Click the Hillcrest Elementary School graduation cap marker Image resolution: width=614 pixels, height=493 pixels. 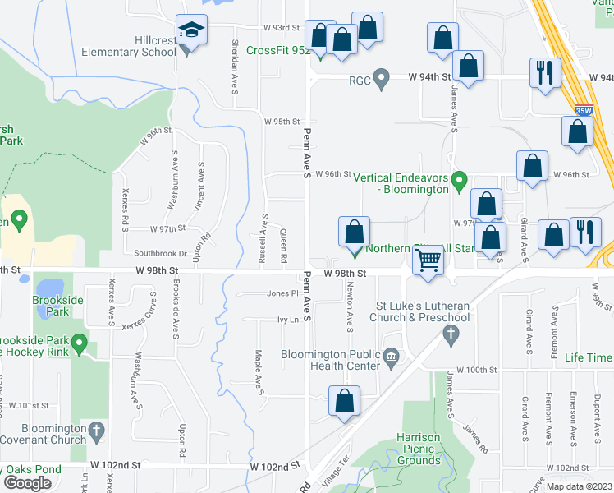[x=192, y=33]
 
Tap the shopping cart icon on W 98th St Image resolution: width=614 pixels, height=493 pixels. [x=428, y=261]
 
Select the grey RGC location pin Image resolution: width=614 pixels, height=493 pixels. [x=381, y=79]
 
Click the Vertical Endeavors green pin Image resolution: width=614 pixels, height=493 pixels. [x=460, y=179]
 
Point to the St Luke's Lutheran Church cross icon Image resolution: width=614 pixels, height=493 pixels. [x=449, y=334]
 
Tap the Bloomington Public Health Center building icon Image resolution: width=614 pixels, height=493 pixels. [x=392, y=356]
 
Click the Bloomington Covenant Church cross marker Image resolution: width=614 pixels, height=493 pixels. [x=96, y=430]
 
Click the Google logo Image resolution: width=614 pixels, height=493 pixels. [x=27, y=482]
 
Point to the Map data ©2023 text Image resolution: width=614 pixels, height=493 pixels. [x=579, y=486]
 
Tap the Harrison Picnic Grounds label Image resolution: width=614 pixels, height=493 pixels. [x=418, y=449]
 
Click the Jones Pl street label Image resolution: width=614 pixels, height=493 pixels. [x=282, y=293]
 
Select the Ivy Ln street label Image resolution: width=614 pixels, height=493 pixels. [x=286, y=320]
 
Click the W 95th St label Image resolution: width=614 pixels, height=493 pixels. [x=282, y=121]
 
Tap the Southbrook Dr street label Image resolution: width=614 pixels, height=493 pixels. [x=160, y=254]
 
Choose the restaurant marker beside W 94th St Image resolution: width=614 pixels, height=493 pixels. [x=545, y=72]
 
